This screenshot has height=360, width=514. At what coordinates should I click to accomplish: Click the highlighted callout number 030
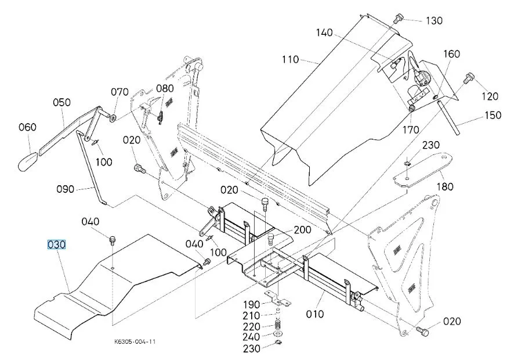pyautogui.click(x=56, y=244)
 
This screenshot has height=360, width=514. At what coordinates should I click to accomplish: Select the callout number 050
pyautogui.click(x=61, y=102)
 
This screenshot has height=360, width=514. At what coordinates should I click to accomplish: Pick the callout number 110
pyautogui.click(x=290, y=59)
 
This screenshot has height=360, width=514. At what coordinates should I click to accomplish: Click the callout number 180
pyautogui.click(x=445, y=187)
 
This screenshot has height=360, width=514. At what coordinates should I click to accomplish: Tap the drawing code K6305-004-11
pyautogui.click(x=135, y=341)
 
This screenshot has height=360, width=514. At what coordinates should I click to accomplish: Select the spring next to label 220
pyautogui.click(x=278, y=326)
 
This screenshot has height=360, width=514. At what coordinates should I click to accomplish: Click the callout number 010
pyautogui.click(x=314, y=314)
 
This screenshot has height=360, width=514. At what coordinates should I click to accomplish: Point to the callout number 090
pyautogui.click(x=65, y=189)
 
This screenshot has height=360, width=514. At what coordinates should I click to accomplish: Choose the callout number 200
pyautogui.click(x=302, y=230)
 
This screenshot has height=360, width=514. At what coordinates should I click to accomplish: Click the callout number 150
pyautogui.click(x=493, y=115)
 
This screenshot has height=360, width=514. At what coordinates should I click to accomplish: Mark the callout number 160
pyautogui.click(x=452, y=54)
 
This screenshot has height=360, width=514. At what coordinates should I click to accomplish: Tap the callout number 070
pyautogui.click(x=120, y=92)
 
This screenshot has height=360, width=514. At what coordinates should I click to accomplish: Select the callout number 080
pyautogui.click(x=165, y=88)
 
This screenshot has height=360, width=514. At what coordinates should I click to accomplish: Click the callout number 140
pyautogui.click(x=324, y=33)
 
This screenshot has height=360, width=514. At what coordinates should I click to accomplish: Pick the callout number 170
pyautogui.click(x=410, y=129)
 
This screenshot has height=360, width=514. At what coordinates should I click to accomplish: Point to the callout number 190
pyautogui.click(x=251, y=304)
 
